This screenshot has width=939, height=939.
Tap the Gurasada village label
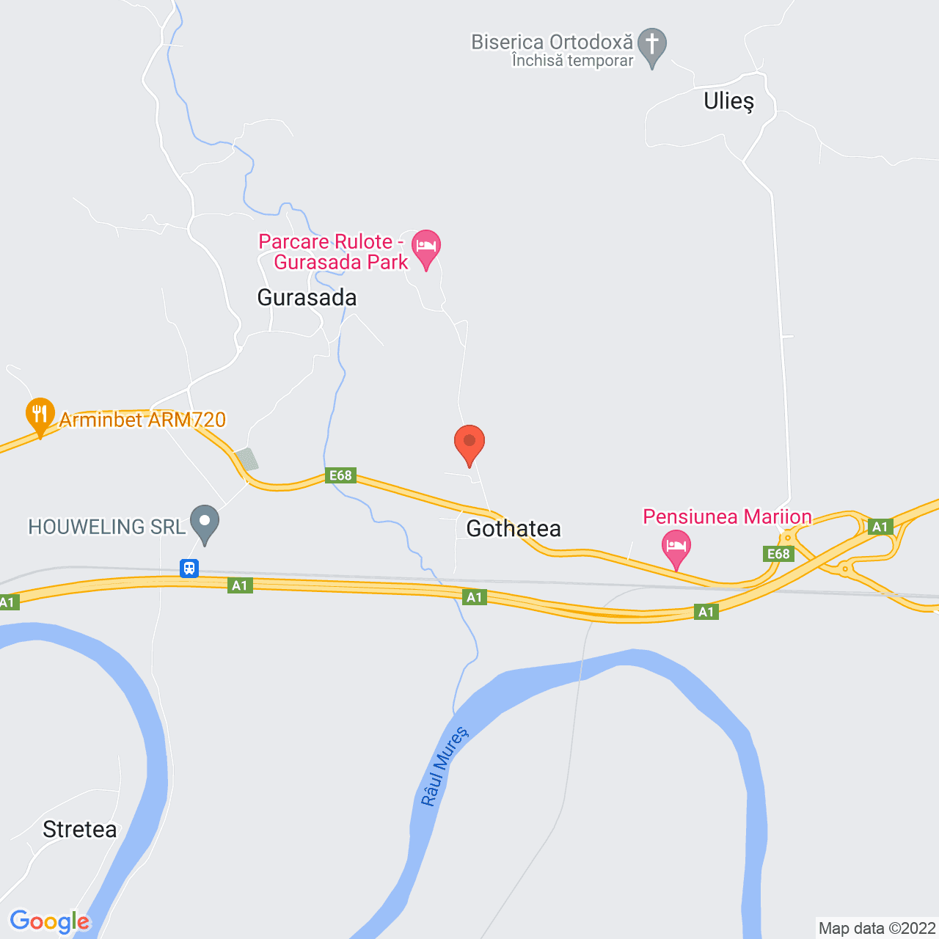click(x=307, y=297)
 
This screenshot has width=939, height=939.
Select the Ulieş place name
click(x=728, y=101)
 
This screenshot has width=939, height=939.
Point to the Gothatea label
click(x=514, y=528)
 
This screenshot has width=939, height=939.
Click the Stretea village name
click(x=80, y=830)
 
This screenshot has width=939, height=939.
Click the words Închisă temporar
click(x=572, y=61)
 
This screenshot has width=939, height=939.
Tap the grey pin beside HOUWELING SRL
click(x=205, y=522)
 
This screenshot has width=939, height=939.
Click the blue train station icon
click(x=189, y=568)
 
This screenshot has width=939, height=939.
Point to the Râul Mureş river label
click(x=443, y=767)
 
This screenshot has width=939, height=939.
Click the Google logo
click(x=50, y=921)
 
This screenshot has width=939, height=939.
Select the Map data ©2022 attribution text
click(x=877, y=928)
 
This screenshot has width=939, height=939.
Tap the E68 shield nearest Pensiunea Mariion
click(x=778, y=554)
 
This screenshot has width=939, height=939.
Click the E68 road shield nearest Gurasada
click(x=341, y=475)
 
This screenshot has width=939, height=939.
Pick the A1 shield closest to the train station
click(x=240, y=585)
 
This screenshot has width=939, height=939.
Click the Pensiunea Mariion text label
click(x=727, y=516)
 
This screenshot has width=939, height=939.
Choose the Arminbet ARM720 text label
click(x=142, y=420)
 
